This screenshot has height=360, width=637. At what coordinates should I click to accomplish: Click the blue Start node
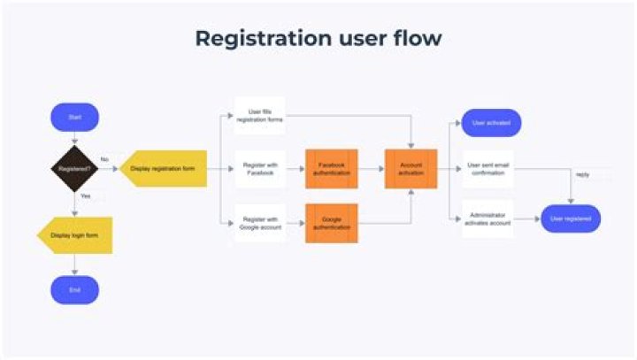click(75, 117)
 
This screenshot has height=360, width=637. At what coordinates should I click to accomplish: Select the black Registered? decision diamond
click(75, 167)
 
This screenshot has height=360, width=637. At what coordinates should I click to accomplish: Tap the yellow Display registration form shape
click(164, 167)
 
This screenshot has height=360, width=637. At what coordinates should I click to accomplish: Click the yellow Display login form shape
click(75, 236)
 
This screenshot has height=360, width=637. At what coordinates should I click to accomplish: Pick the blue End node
click(75, 289)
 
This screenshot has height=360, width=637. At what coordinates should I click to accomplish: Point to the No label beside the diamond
click(104, 160)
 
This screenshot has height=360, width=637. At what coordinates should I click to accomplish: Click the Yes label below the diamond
click(85, 195)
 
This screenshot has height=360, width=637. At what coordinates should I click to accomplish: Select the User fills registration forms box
click(260, 116)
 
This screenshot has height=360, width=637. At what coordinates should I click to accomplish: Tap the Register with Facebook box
click(260, 168)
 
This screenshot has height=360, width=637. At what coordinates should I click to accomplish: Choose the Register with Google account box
click(260, 222)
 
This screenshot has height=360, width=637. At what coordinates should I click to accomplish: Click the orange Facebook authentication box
click(332, 168)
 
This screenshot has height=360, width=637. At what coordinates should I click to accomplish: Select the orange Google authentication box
click(332, 222)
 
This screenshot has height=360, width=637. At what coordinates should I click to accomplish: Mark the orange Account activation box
click(411, 168)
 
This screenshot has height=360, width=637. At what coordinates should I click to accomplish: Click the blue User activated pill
click(491, 122)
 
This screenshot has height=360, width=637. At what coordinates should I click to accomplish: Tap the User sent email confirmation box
click(487, 168)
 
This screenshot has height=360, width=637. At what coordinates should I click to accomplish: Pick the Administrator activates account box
click(487, 218)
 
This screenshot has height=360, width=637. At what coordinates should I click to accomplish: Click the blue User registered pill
click(571, 218)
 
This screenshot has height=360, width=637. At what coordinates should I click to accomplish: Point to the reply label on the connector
click(582, 174)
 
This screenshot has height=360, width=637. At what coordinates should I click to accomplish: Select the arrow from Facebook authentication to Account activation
click(372, 168)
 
